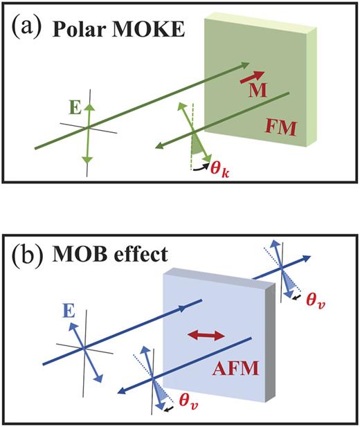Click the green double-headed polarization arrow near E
click(87, 129)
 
